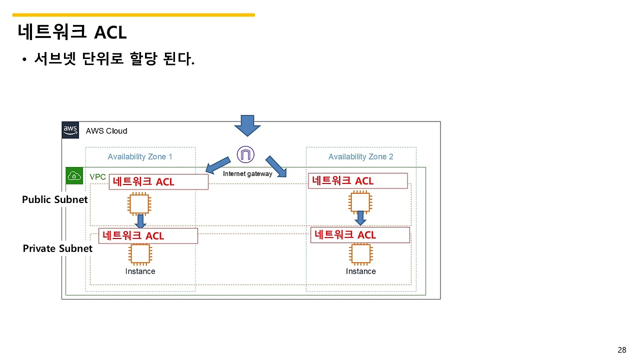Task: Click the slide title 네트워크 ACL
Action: (72, 32)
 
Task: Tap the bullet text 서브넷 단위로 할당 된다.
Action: (114, 59)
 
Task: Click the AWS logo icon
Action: (70, 130)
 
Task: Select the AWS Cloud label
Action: (106, 131)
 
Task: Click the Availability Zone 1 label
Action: (140, 156)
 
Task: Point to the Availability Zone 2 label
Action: (360, 156)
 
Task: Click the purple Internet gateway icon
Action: (245, 154)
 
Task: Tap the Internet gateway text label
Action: (247, 174)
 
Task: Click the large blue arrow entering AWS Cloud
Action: (247, 125)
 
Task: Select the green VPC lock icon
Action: (74, 176)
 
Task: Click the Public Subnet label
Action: (54, 199)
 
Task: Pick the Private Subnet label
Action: (57, 248)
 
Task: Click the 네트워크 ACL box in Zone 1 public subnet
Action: (158, 182)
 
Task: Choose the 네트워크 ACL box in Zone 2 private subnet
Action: (360, 235)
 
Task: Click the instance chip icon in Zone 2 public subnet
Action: (360, 202)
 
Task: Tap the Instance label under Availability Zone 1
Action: (140, 271)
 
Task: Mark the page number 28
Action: (622, 350)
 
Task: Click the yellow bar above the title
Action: (133, 15)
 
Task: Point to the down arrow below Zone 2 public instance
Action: (360, 218)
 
